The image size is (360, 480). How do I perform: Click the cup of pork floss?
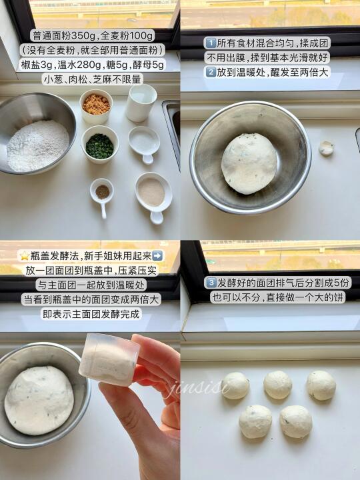(96, 107)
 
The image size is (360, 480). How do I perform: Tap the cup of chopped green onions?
(100, 144)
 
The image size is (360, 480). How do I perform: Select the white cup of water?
(141, 103)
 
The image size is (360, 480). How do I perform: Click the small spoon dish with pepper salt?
(102, 196)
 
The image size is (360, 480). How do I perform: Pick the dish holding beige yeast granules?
(154, 195)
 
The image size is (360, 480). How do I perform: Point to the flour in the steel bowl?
(38, 146)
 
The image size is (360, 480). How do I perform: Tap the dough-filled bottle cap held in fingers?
(109, 359)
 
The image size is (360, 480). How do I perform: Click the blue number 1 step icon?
(211, 43)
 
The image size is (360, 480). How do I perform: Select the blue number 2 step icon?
(211, 72)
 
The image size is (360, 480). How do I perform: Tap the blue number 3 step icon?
(211, 283)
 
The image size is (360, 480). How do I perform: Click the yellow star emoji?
(25, 256)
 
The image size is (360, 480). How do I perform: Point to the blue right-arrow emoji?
(157, 255)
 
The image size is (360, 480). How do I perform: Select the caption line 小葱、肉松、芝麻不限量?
(93, 79)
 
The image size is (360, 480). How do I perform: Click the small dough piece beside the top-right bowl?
(326, 148)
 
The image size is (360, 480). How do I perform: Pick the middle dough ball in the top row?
(277, 385)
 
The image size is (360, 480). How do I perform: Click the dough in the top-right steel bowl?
(249, 163)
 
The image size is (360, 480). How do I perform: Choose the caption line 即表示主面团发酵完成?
(91, 314)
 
